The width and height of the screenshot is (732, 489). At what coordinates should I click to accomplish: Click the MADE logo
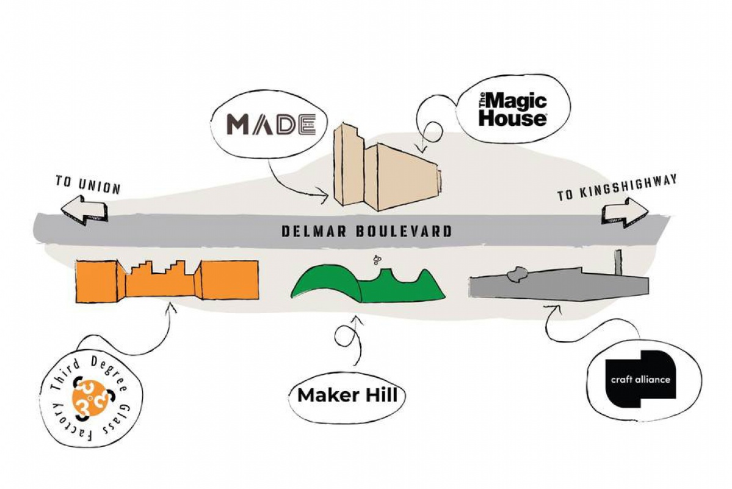[x=271, y=124]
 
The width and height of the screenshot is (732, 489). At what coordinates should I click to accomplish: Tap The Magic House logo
[x=512, y=109]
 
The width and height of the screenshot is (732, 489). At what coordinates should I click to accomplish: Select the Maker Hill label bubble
[x=347, y=396]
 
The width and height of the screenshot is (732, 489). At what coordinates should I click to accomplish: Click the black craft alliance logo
[x=640, y=379]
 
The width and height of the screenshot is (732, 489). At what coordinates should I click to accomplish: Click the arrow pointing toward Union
[x=84, y=211]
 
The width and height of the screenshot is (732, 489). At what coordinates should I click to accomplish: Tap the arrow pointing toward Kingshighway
[x=625, y=213]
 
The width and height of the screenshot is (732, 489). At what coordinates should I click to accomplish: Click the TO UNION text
[x=88, y=184]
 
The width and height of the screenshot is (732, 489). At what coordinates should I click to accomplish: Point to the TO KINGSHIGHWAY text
[x=617, y=188]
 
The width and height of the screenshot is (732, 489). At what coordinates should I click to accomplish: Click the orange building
[x=167, y=279]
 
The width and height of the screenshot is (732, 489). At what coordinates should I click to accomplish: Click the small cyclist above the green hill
[x=377, y=259]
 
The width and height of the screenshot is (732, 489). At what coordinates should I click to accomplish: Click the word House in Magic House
[x=512, y=117]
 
